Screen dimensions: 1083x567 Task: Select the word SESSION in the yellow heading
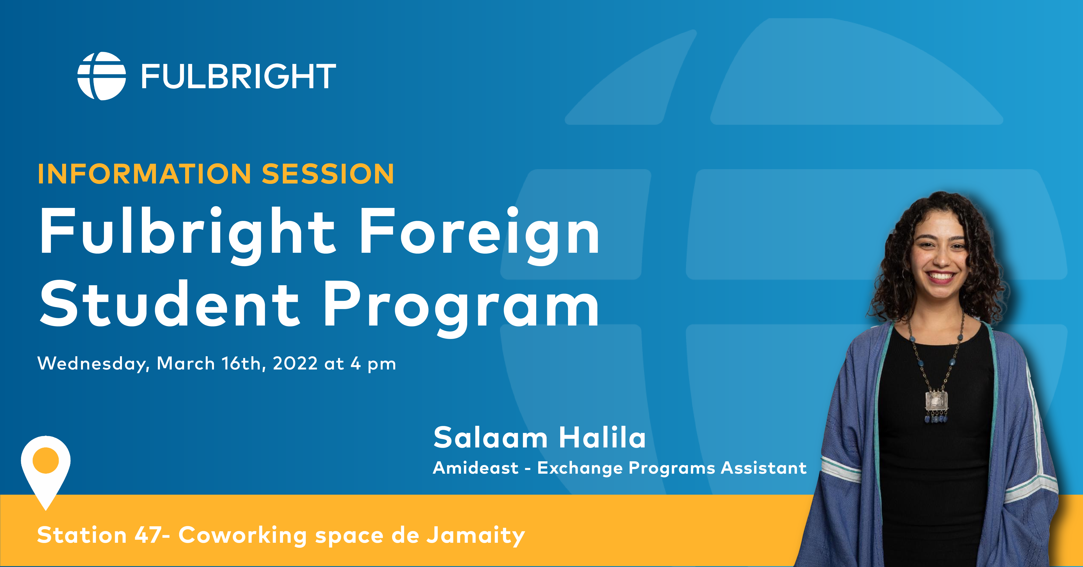pyautogui.click(x=328, y=174)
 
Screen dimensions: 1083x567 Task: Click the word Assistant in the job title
pyautogui.click(x=764, y=468)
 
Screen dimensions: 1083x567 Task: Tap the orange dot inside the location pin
pyautogui.click(x=46, y=460)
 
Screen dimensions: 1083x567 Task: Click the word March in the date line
pyautogui.click(x=186, y=364)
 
